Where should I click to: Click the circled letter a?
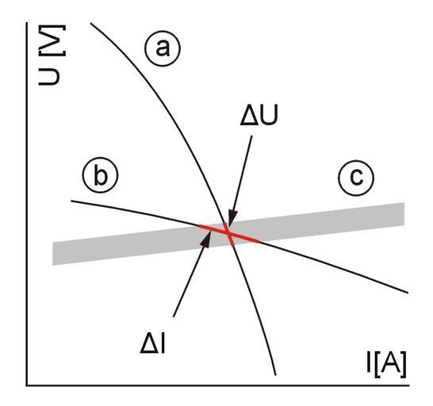pos(163,48)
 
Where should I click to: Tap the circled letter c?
pos(356,178)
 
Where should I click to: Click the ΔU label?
pos(259,116)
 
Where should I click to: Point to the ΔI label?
pos(153,343)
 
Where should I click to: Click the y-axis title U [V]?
pos(52,55)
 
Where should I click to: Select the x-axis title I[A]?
pos(387,365)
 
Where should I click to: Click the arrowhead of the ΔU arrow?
pos(232,217)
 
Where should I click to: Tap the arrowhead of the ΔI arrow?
pos(206,239)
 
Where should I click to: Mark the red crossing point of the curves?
pos(229,234)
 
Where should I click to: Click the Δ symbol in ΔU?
pos(248,116)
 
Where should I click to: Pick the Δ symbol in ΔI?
pos(149,343)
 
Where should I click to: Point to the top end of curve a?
pos(91,24)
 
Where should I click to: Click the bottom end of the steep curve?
pos(276,375)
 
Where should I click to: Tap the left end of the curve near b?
pos(71,201)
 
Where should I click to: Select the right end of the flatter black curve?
pos(408,293)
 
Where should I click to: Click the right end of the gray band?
pos(404,214)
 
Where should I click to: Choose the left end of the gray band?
pos(53,254)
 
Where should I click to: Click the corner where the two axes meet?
pos(27,385)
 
